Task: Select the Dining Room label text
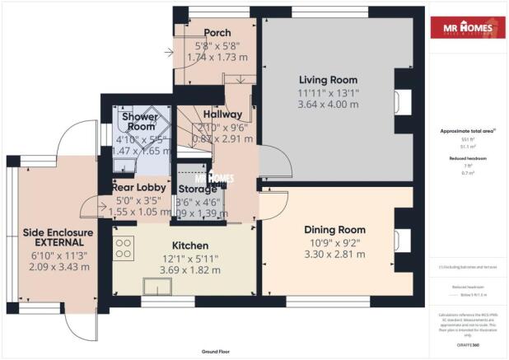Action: tap(334, 229)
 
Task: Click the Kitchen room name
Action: tap(189, 245)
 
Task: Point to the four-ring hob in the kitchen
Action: tap(124, 247)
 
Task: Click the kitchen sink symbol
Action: tap(156, 285)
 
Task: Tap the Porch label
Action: tap(217, 32)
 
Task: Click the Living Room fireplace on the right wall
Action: tap(400, 100)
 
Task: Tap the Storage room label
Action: tap(197, 189)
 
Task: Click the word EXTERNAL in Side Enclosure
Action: tap(58, 244)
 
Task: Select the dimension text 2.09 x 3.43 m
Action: tap(58, 269)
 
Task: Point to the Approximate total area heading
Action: tap(467, 131)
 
